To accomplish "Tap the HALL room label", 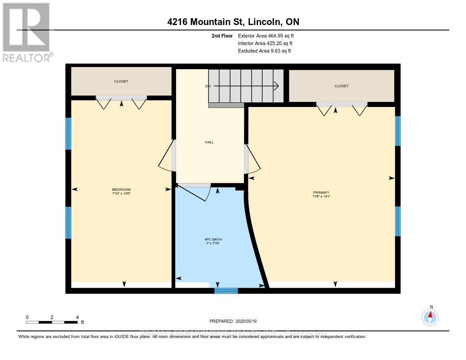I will (x=209, y=142).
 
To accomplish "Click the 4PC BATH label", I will (x=213, y=239).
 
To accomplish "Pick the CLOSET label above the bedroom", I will (x=121, y=81).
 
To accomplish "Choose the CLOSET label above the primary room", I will (x=341, y=86).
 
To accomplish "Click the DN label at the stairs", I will (x=207, y=86).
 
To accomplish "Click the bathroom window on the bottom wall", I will (x=226, y=290).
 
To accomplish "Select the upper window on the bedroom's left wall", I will (x=69, y=133).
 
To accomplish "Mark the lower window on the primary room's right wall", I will (x=397, y=221).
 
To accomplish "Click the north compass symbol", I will (x=430, y=316).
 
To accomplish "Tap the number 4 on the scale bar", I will (x=77, y=317).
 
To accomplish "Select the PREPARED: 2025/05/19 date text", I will (x=233, y=321).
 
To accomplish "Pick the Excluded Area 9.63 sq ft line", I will (x=264, y=51).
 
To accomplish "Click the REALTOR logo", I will (x=26, y=32).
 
